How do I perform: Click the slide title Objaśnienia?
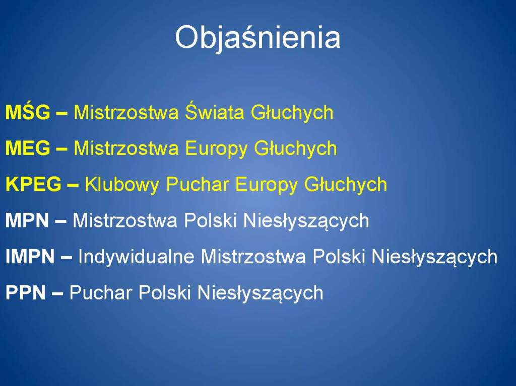coord(257,38)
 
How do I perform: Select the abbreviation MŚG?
coord(28,112)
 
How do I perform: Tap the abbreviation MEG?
coord(28,148)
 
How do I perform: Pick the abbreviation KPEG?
coord(34,184)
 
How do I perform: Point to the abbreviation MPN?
coord(27,220)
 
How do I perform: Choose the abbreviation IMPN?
coord(30,257)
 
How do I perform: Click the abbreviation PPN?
coord(26,292)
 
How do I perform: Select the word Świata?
coord(215,112)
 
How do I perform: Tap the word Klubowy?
coord(122,185)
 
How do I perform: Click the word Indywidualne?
coord(136,257)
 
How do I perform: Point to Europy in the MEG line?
coord(216,148)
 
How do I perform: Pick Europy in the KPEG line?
coord(266,185)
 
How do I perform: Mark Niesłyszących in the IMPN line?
coord(434,257)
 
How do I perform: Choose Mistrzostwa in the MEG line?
coord(126,148)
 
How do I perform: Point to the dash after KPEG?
coord(73,185)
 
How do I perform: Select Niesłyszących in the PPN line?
coord(261,293)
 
